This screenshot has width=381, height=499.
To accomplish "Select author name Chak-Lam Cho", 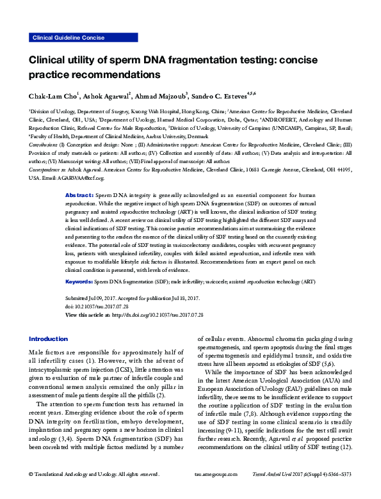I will click(x=52, y=96).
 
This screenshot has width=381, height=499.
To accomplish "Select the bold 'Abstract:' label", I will click(x=80, y=176).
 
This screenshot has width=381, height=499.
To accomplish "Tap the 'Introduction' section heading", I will click(x=48, y=339).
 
